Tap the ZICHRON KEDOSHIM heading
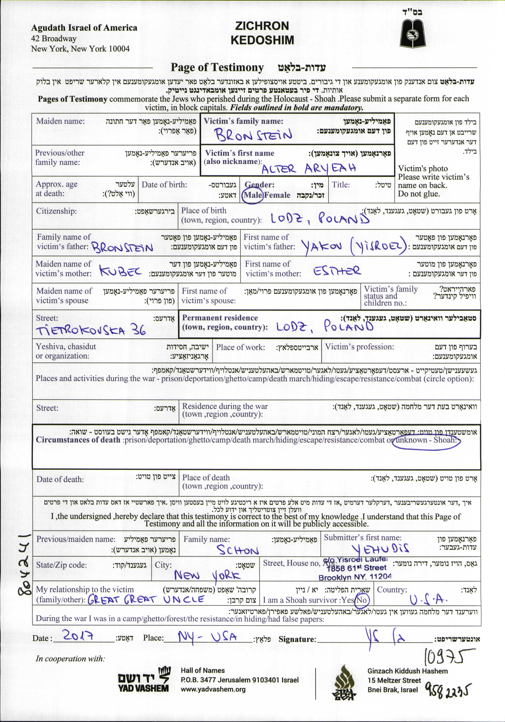262,33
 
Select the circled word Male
253,195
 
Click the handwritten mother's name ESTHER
337,271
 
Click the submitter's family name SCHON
238,550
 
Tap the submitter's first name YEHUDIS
380,549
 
